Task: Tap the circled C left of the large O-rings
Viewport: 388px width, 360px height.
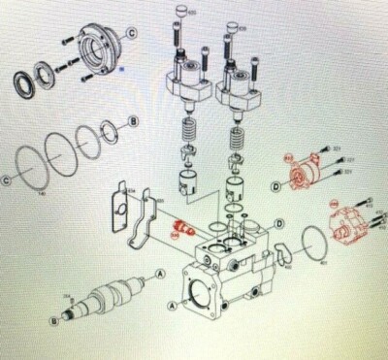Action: point(7,180)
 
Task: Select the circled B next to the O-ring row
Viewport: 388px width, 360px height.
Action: point(135,122)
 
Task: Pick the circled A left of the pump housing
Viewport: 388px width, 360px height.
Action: point(174,304)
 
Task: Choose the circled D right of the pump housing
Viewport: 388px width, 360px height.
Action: point(279,224)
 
